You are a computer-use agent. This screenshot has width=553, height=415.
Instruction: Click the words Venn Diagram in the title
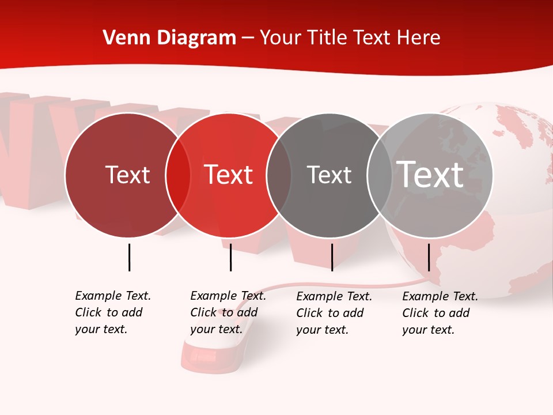click(x=169, y=38)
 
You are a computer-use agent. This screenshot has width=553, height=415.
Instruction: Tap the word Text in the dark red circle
click(x=127, y=175)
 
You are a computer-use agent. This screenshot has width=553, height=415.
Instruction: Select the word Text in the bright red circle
click(x=229, y=175)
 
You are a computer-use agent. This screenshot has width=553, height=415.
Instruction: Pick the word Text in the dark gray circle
click(x=329, y=175)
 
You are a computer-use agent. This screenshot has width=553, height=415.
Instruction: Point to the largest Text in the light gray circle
click(x=430, y=175)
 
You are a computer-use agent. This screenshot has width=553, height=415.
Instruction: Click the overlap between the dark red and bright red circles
click(x=178, y=175)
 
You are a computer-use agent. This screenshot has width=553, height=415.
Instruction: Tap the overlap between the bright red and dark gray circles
click(x=279, y=175)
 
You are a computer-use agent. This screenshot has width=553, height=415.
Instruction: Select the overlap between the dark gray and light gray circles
click(x=380, y=175)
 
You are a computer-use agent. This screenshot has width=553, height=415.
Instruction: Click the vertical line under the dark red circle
click(x=129, y=257)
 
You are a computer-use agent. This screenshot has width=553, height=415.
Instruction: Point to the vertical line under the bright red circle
click(x=230, y=257)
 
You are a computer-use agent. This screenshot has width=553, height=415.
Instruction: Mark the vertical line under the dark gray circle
click(x=332, y=257)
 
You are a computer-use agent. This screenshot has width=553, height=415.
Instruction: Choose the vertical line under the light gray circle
click(x=429, y=257)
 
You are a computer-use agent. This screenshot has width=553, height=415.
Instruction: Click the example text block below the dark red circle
click(x=112, y=312)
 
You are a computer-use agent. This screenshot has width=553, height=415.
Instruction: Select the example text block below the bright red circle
click(x=228, y=312)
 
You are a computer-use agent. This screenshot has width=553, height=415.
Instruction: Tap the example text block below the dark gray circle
click(x=334, y=313)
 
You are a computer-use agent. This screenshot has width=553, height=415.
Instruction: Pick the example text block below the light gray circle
click(x=440, y=313)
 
